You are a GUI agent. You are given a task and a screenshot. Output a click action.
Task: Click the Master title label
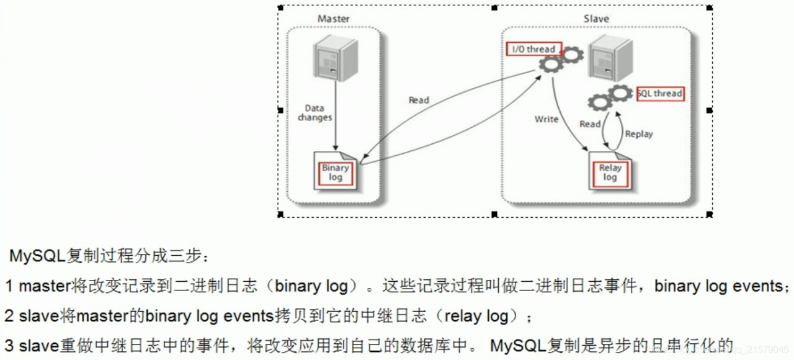point(333,19)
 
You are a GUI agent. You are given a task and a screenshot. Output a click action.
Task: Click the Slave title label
point(596,19)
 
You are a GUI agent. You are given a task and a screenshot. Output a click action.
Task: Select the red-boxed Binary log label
point(335,173)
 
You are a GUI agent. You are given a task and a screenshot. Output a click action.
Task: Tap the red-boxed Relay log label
point(610,173)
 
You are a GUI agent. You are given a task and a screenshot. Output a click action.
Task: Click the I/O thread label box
point(534,49)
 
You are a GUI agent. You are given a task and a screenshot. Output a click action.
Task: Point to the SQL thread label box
point(660,94)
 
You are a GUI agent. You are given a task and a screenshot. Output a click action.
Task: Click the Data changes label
point(314,112)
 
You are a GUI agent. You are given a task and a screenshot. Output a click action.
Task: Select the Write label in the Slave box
point(546,119)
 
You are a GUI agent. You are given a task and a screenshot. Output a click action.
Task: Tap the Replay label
point(639,133)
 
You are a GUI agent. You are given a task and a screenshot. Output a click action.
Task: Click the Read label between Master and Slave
point(419,100)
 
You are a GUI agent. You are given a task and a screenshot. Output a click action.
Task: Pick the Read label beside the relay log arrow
point(590,124)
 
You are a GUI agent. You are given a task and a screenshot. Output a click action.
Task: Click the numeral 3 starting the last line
point(9,345)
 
